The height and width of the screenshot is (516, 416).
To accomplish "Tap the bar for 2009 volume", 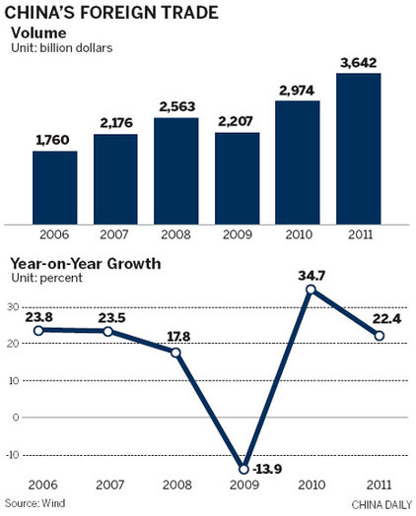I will pyautogui.click(x=238, y=177).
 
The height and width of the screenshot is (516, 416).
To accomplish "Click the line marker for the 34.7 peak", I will pyautogui.click(x=311, y=290).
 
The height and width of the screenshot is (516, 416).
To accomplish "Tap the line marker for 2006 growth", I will pyautogui.click(x=39, y=330).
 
